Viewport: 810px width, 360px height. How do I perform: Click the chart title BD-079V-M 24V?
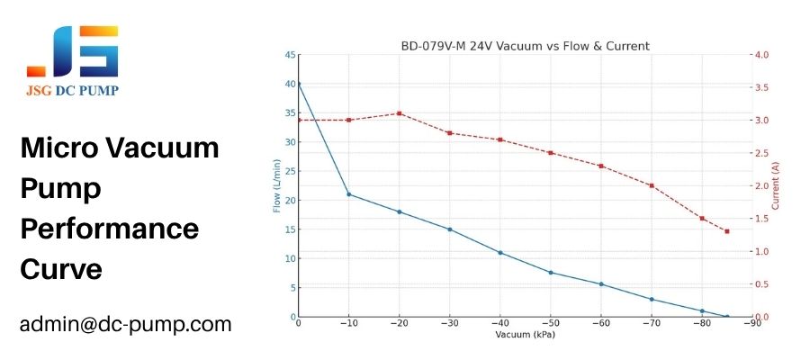pos(525,46)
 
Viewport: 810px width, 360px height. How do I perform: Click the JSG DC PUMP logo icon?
pos(74,51)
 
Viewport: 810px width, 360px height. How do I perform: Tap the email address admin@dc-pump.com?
pos(126,324)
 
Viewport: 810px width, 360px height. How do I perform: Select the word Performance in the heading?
pos(110,229)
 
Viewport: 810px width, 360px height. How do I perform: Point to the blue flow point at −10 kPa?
pos(349,194)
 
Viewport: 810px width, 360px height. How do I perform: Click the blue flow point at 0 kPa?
pos(299,84)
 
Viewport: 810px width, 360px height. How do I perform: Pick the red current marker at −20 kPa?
pos(400,113)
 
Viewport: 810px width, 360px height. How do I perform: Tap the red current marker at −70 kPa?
pos(652,185)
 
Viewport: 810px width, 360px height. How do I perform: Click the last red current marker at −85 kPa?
pos(726,231)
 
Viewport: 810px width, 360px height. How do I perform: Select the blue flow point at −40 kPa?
pos(500,253)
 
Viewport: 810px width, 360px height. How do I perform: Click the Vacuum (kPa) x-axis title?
pos(525,335)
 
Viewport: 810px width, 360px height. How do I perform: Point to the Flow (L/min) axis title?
pos(276,186)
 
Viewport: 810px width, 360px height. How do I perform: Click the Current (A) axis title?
pos(775,186)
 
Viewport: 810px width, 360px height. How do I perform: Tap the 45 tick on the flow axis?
pos(289,55)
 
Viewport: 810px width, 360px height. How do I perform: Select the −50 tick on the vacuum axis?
pos(549,324)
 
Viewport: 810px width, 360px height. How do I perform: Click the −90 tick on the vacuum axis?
pos(749,324)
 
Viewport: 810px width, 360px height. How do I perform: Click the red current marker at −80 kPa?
pos(702,218)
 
